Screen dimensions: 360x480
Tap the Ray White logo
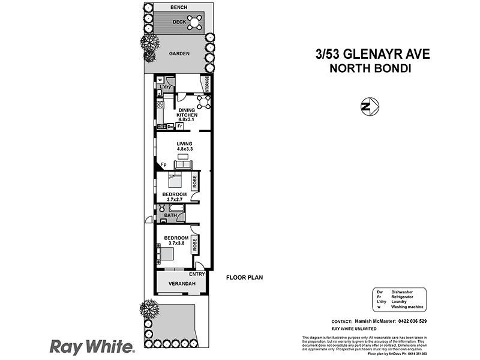(91, 346)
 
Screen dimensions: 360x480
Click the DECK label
(179, 22)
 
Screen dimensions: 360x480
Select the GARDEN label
(179, 53)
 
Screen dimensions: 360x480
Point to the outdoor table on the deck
(195, 23)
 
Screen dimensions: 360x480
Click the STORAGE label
(207, 84)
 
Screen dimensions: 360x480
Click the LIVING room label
(184, 144)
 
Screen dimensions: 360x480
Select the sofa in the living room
(183, 164)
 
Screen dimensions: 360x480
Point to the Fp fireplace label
(163, 165)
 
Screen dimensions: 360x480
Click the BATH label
(170, 214)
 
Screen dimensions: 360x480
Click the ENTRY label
(197, 274)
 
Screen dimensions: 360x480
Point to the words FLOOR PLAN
(244, 278)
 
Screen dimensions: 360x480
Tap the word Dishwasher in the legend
(404, 291)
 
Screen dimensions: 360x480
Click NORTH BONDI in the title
(370, 68)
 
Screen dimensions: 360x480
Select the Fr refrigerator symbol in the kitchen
(179, 127)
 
